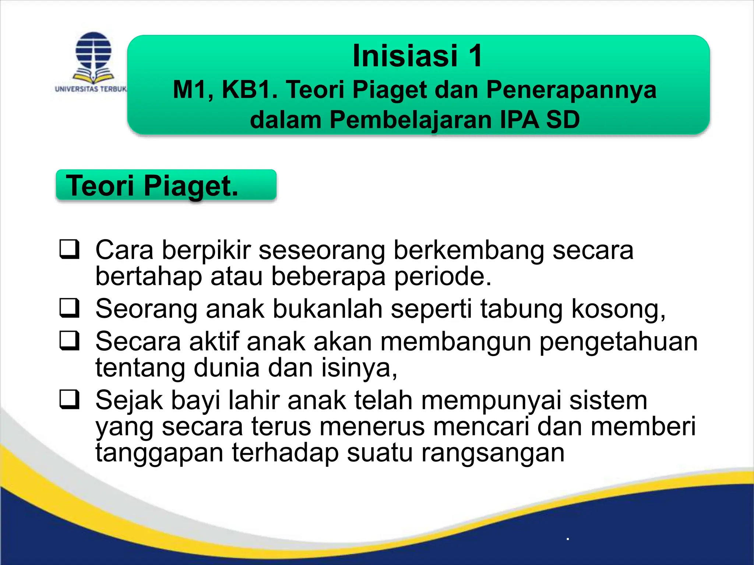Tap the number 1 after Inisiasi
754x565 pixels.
[x=475, y=56]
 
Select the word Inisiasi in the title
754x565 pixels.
[x=405, y=56]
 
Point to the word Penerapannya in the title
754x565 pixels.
[x=571, y=90]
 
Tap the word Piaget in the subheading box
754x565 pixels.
[x=191, y=186]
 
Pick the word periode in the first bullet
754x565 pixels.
[x=443, y=276]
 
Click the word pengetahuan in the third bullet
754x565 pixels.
[x=618, y=342]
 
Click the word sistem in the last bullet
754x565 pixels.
[x=608, y=400]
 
